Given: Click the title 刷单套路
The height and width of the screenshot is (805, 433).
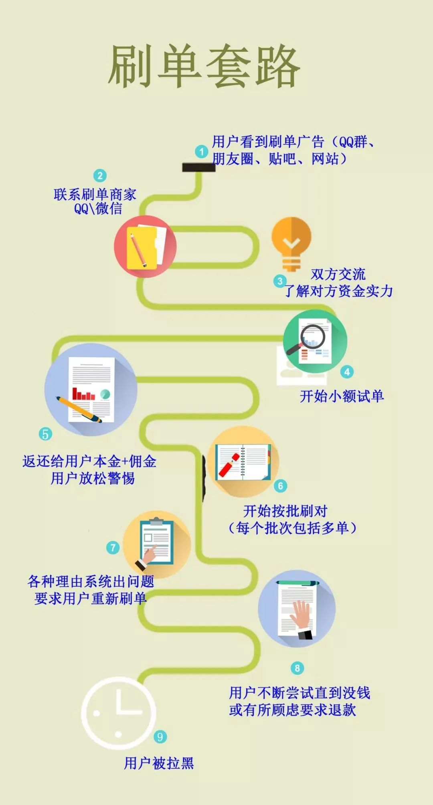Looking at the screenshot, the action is click(x=204, y=66).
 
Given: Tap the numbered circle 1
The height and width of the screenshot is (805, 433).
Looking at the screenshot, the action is click(x=202, y=152).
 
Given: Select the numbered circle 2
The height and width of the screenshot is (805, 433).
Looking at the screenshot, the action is click(x=100, y=176).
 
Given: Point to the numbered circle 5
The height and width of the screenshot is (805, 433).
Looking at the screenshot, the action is click(x=45, y=434).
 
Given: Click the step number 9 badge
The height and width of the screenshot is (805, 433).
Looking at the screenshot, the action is click(x=160, y=737).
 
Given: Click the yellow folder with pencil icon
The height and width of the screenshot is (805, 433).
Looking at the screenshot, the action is click(x=145, y=246).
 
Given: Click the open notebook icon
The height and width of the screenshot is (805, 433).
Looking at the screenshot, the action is click(x=243, y=462).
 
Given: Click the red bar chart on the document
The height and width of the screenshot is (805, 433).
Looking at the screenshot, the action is click(x=83, y=394).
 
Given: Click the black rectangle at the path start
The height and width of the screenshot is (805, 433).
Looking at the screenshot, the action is click(x=199, y=167).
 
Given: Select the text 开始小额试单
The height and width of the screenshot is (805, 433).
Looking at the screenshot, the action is click(x=342, y=396).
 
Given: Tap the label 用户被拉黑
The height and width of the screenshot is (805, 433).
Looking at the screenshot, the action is click(x=159, y=763).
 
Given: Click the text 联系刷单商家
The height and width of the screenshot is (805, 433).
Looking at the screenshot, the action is click(x=95, y=194).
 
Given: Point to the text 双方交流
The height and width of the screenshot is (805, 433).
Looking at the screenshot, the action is click(x=338, y=274).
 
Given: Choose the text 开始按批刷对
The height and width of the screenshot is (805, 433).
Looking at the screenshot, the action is click(x=285, y=511).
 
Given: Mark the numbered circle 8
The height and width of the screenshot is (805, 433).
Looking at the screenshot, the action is click(x=297, y=668).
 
